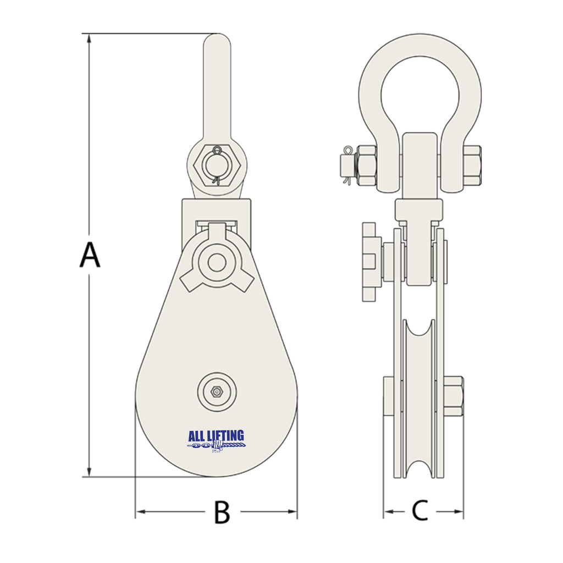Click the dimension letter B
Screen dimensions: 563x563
coord(222,512)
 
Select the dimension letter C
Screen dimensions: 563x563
coord(420,511)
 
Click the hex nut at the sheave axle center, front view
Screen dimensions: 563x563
coord(217,391)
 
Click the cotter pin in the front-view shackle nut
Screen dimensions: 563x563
coord(217,164)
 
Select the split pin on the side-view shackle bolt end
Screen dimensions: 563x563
coord(346,164)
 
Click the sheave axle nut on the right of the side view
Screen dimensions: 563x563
coord(454,396)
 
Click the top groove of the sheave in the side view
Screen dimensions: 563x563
coord(419,330)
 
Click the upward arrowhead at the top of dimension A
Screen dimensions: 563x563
coord(89,38)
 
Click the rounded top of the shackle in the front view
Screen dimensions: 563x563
coord(217,41)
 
